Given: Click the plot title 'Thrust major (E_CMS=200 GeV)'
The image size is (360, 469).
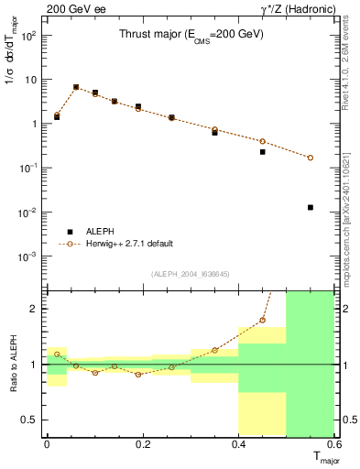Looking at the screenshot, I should click(191, 34).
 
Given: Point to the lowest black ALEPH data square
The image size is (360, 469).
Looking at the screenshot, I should click(311, 207).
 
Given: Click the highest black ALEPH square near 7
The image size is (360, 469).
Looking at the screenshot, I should click(76, 87).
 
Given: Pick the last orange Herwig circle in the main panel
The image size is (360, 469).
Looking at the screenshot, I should click(311, 158).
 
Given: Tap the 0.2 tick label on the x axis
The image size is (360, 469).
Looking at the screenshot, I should click(142, 443).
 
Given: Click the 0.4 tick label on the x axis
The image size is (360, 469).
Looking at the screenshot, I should click(238, 443).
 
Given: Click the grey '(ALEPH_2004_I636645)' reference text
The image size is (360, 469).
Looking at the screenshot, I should click(191, 274).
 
